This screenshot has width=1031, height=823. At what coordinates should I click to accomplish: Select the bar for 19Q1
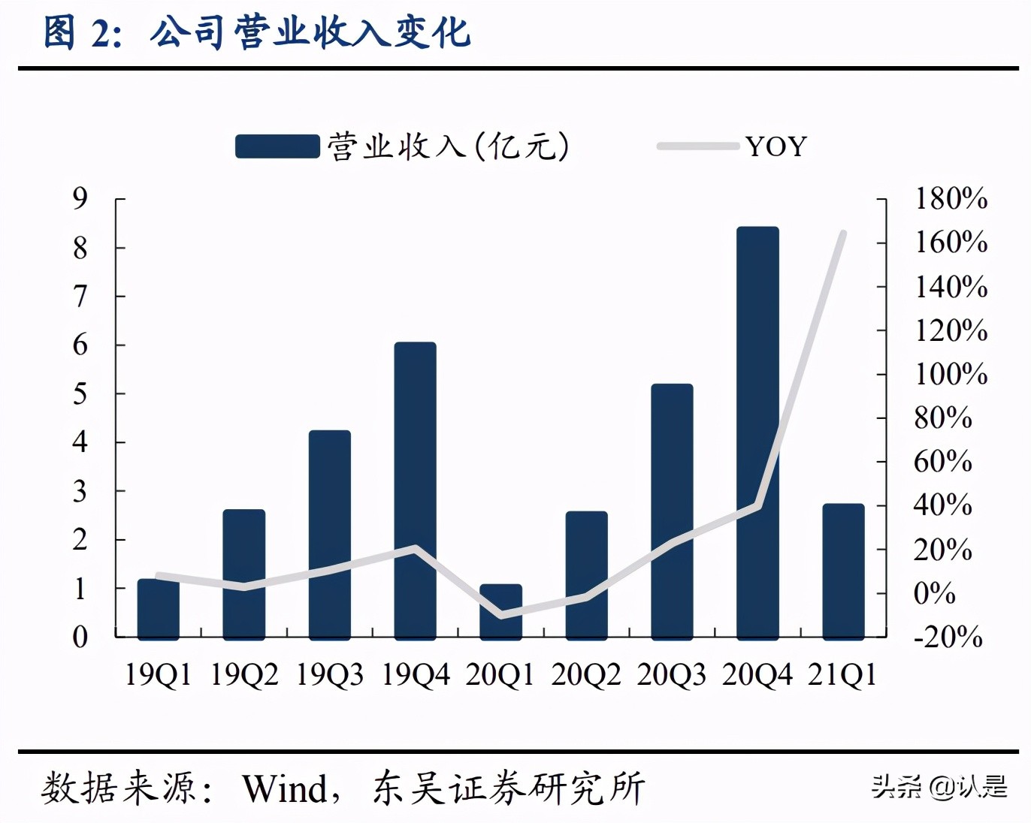(x=158, y=610)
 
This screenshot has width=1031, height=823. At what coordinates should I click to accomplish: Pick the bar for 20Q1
(x=500, y=611)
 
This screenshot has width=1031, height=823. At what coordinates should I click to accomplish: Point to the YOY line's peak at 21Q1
(x=843, y=234)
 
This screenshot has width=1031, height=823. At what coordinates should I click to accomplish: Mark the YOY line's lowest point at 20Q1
(x=500, y=616)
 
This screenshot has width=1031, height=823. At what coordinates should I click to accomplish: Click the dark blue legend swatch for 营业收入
(x=277, y=146)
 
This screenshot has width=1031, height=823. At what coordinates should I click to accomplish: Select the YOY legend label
(x=776, y=146)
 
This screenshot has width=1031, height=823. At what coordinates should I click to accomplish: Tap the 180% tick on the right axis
(x=950, y=199)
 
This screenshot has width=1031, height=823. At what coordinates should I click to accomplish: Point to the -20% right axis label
(x=948, y=637)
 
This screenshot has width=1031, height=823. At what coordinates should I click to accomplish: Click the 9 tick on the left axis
(x=80, y=199)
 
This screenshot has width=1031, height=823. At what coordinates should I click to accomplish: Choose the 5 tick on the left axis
(x=80, y=393)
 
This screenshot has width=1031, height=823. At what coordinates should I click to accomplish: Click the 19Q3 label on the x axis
(x=329, y=674)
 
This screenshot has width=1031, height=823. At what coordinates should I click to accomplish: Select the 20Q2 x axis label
(x=586, y=674)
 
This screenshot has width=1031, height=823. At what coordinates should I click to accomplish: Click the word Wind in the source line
(x=285, y=788)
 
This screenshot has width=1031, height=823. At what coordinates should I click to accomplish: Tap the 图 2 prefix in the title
(x=81, y=33)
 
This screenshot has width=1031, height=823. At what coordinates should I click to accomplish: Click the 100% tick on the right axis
(x=950, y=374)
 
